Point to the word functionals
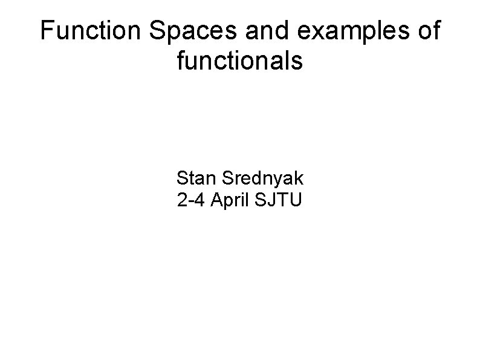240,60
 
